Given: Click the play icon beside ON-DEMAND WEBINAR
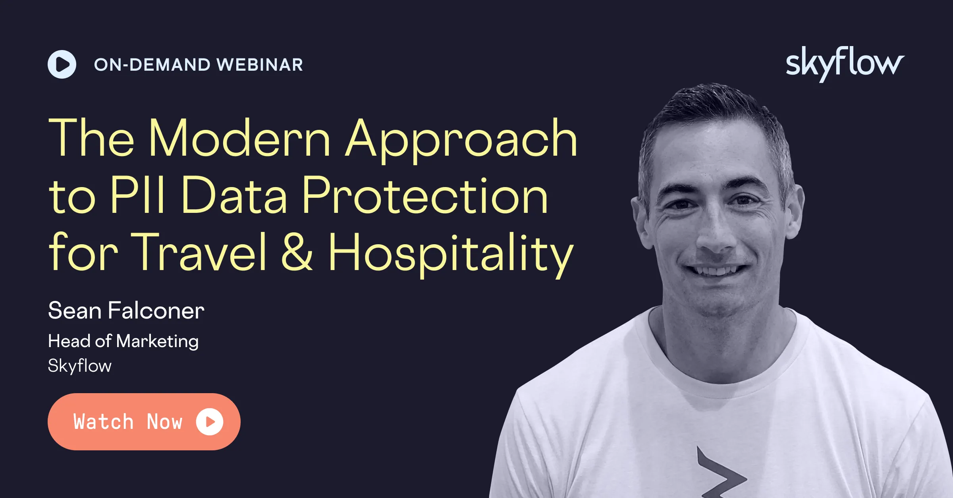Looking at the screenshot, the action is point(62,64).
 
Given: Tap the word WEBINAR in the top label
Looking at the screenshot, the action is point(260,65).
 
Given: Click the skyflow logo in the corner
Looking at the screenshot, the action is point(845,64).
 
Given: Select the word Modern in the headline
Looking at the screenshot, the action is point(239,138).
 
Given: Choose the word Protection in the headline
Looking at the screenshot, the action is point(425,195).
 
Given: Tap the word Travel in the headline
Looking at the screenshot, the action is point(199,252).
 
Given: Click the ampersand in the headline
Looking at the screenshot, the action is point(297,252).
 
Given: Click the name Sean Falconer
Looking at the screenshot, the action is point(126,310).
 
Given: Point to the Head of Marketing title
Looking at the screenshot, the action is point(123,342).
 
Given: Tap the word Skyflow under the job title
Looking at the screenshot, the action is point(80,366).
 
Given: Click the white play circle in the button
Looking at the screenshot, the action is point(210,422).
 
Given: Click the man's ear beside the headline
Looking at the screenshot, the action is point(640,220).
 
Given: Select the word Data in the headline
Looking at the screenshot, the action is point(234,195).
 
